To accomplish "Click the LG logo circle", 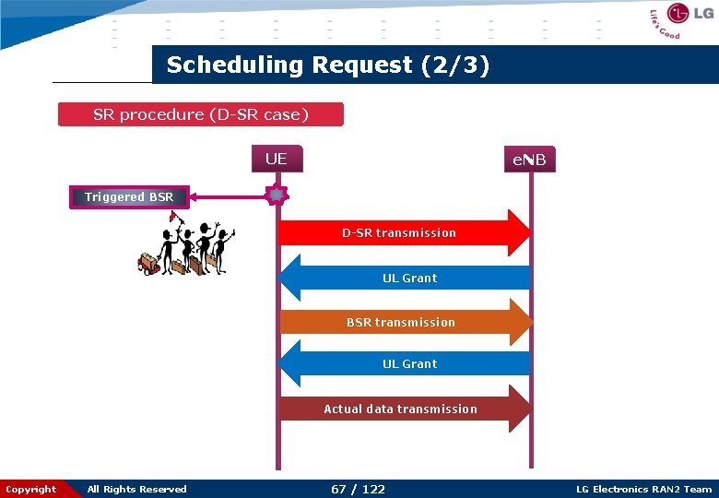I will (x=678, y=14).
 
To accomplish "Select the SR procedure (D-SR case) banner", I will (x=200, y=114).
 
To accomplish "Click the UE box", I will (x=276, y=159).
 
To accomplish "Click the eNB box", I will (x=529, y=160).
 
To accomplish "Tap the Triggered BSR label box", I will (x=129, y=196).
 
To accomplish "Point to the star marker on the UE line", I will (x=276, y=196).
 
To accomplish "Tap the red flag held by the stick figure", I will (x=173, y=218).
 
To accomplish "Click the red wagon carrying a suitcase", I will (x=147, y=265).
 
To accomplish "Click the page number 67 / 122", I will (x=358, y=489).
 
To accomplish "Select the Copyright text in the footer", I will (x=30, y=489).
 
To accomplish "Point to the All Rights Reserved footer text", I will (x=136, y=489).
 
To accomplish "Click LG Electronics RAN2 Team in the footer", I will (x=643, y=489).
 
